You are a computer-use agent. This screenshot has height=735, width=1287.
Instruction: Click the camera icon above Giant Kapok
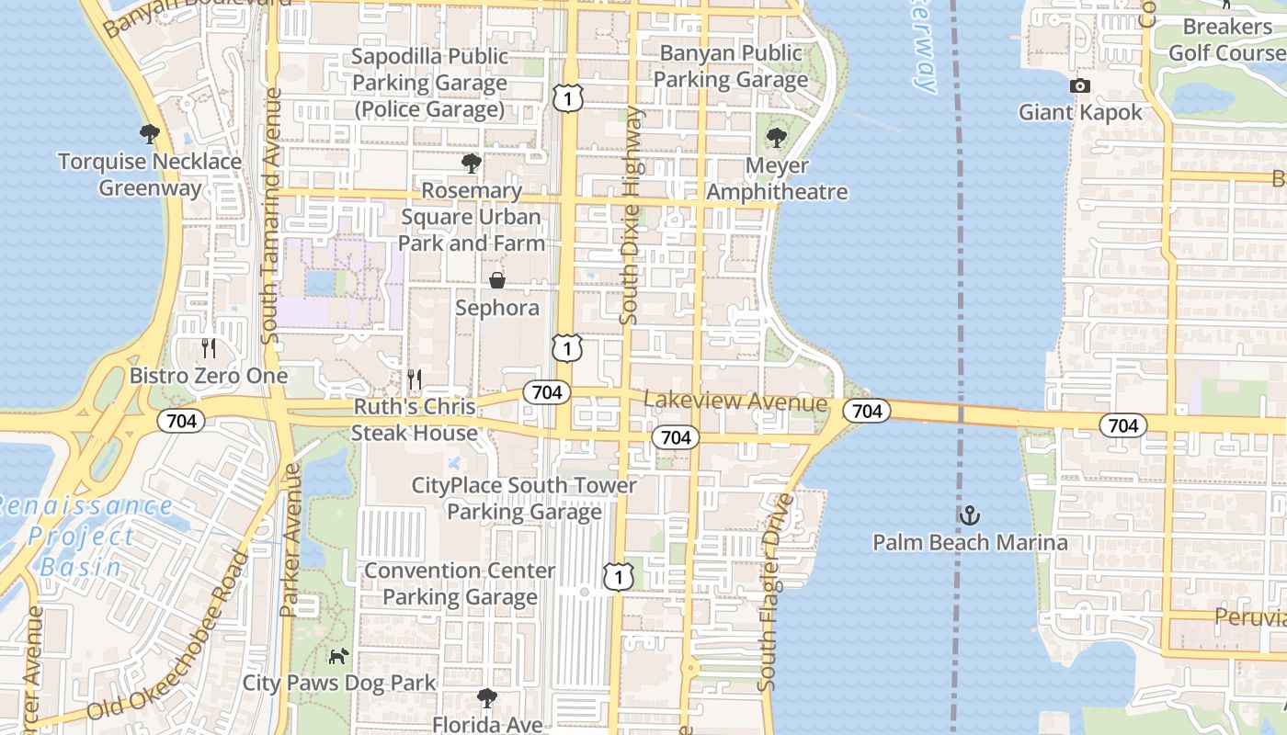(1080, 86)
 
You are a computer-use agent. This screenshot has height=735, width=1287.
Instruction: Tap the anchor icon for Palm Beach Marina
(970, 515)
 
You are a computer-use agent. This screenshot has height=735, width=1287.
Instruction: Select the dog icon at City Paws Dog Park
(339, 656)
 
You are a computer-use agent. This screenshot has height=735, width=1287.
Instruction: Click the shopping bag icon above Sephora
(496, 280)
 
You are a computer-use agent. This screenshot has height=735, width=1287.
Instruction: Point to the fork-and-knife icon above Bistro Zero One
(209, 348)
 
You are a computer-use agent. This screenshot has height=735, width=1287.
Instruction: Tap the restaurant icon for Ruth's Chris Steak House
(415, 379)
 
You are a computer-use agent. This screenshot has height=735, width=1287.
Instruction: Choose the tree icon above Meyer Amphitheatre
(777, 139)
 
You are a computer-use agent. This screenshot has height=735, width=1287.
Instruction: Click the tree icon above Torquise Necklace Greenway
(149, 135)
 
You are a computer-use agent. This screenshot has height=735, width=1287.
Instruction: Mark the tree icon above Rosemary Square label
(472, 164)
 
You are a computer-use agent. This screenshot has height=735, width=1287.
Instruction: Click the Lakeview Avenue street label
(735, 401)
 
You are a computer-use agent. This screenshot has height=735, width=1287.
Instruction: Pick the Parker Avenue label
(290, 540)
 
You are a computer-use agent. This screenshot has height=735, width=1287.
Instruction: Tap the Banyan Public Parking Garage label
(731, 67)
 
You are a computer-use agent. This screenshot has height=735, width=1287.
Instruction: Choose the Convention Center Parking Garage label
(460, 583)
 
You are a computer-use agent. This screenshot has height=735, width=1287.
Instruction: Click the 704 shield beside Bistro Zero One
(181, 422)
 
